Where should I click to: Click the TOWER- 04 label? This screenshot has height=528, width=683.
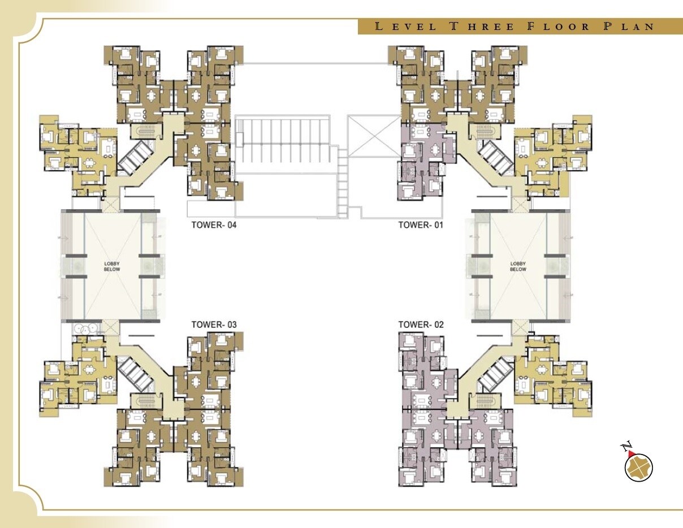214,225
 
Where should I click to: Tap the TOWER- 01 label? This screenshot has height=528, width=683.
421,225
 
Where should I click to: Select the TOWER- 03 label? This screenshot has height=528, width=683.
214,324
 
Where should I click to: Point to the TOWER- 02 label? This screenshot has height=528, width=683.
421,324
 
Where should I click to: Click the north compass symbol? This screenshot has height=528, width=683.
639,468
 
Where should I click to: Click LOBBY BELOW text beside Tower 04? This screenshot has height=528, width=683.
111,266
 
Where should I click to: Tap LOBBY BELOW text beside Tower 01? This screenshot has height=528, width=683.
518,266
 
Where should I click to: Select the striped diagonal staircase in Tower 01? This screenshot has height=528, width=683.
496,156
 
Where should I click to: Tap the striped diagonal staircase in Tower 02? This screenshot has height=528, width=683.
496,374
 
